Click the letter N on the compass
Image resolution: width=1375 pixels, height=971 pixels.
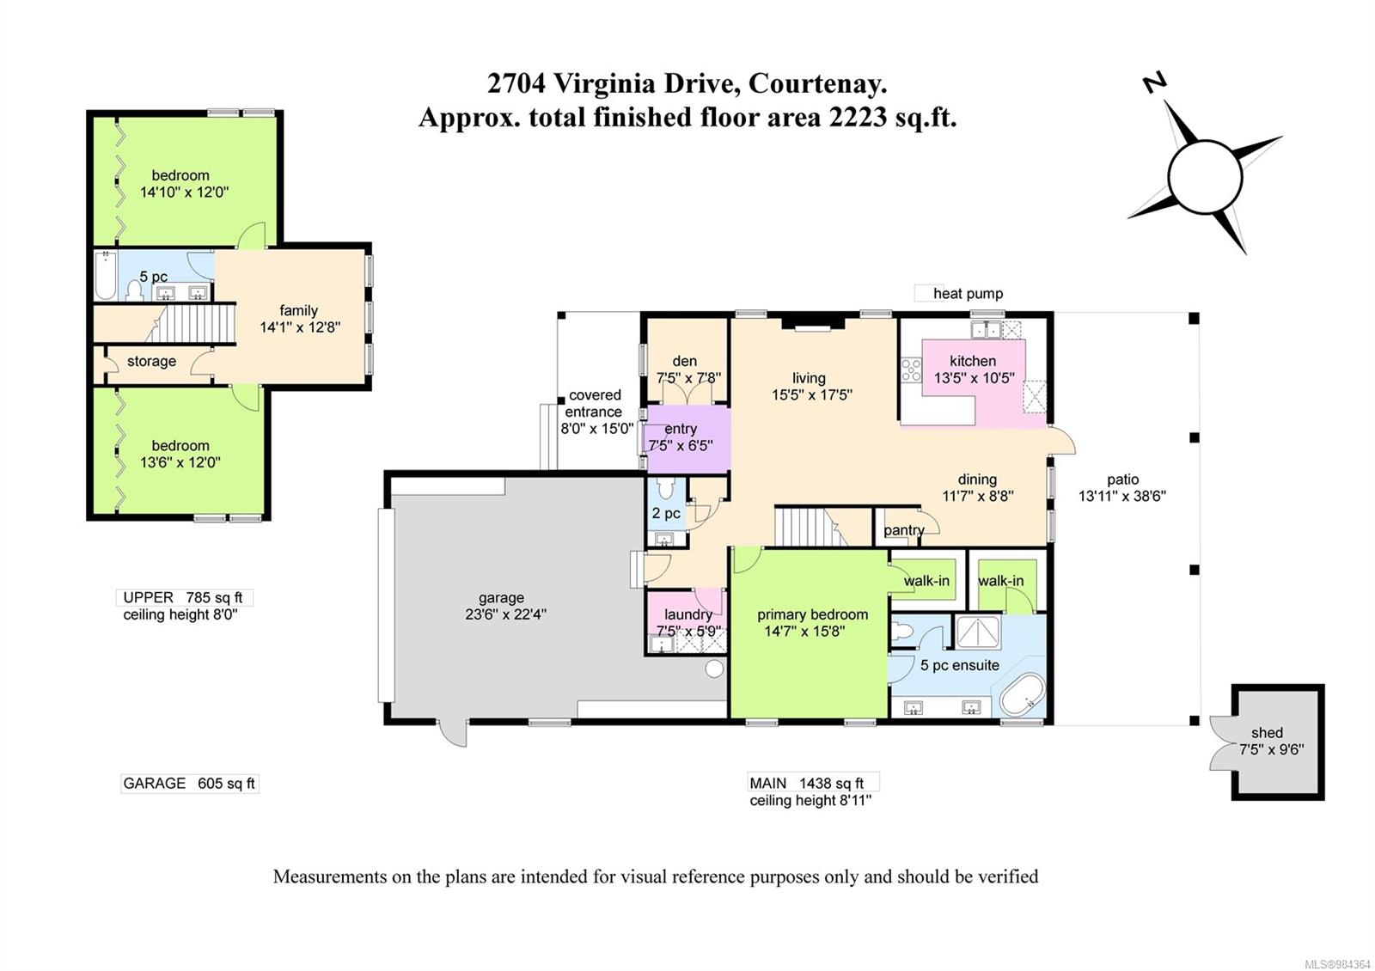[x=1154, y=82]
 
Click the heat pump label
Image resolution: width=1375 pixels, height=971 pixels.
[x=968, y=294]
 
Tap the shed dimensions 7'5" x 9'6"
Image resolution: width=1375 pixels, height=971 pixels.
[x=1271, y=749]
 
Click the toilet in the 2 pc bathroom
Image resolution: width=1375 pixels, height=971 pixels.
[x=666, y=491]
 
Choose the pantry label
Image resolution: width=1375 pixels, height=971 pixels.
[x=903, y=530]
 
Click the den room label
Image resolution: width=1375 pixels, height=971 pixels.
[x=685, y=361]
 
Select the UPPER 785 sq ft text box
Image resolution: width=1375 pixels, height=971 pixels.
[x=183, y=597]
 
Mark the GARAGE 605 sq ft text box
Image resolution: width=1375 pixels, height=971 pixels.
[x=189, y=783]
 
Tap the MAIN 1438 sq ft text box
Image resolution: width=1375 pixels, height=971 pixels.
[x=813, y=783]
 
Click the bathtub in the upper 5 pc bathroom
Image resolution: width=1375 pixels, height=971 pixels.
[x=106, y=276]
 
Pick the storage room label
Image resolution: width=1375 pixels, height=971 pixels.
[x=151, y=361]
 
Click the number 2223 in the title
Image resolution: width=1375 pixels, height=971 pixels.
[x=857, y=117]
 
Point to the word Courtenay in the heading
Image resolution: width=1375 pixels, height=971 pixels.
[x=816, y=84]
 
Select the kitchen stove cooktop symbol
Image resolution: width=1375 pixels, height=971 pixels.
[x=911, y=370]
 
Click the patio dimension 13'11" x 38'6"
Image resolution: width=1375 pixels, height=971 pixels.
[x=1122, y=496]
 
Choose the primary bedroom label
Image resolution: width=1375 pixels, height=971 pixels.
[x=812, y=614]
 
